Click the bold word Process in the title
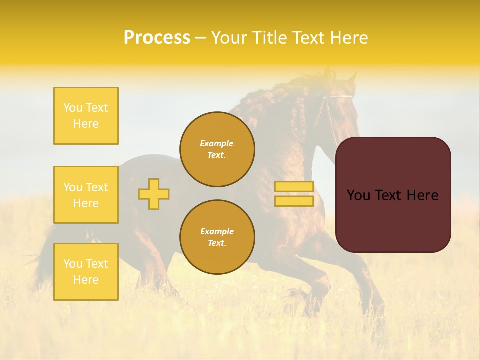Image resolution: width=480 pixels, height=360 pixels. pos(157,38)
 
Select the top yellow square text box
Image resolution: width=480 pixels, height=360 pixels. pos(86,116)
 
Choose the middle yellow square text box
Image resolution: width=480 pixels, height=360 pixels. pos(86,195)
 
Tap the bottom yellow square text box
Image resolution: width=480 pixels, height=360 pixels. pos(86,272)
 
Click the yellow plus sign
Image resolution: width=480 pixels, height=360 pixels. pos(154,194)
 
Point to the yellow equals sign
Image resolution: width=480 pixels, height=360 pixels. pos(294,194)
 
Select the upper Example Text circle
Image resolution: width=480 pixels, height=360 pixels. pos(217,149)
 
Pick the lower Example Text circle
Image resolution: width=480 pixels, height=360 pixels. pos(217,237)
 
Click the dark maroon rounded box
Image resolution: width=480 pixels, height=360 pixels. pos(393,195)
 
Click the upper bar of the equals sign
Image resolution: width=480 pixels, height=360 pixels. pos(294,187)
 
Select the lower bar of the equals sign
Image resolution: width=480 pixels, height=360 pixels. pos(294,201)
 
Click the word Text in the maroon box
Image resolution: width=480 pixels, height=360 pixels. pos(393,195)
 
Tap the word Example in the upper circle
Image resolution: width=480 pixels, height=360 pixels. pos(217,143)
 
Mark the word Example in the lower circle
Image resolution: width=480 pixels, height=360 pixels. pos(217,231)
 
